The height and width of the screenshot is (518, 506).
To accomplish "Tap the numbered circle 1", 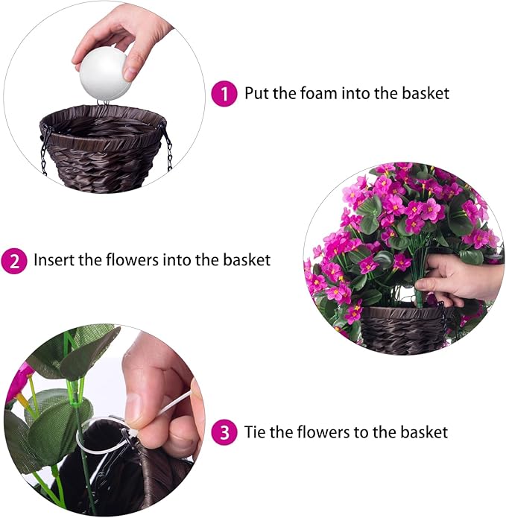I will (223, 94).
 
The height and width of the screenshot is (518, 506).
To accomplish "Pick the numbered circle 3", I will (223, 432).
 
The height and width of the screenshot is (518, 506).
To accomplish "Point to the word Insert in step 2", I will (53, 261).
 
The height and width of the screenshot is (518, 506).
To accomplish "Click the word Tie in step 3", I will (256, 432).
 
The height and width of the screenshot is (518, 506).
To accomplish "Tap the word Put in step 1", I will (257, 94).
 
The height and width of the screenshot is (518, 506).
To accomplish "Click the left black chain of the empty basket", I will (45, 148).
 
